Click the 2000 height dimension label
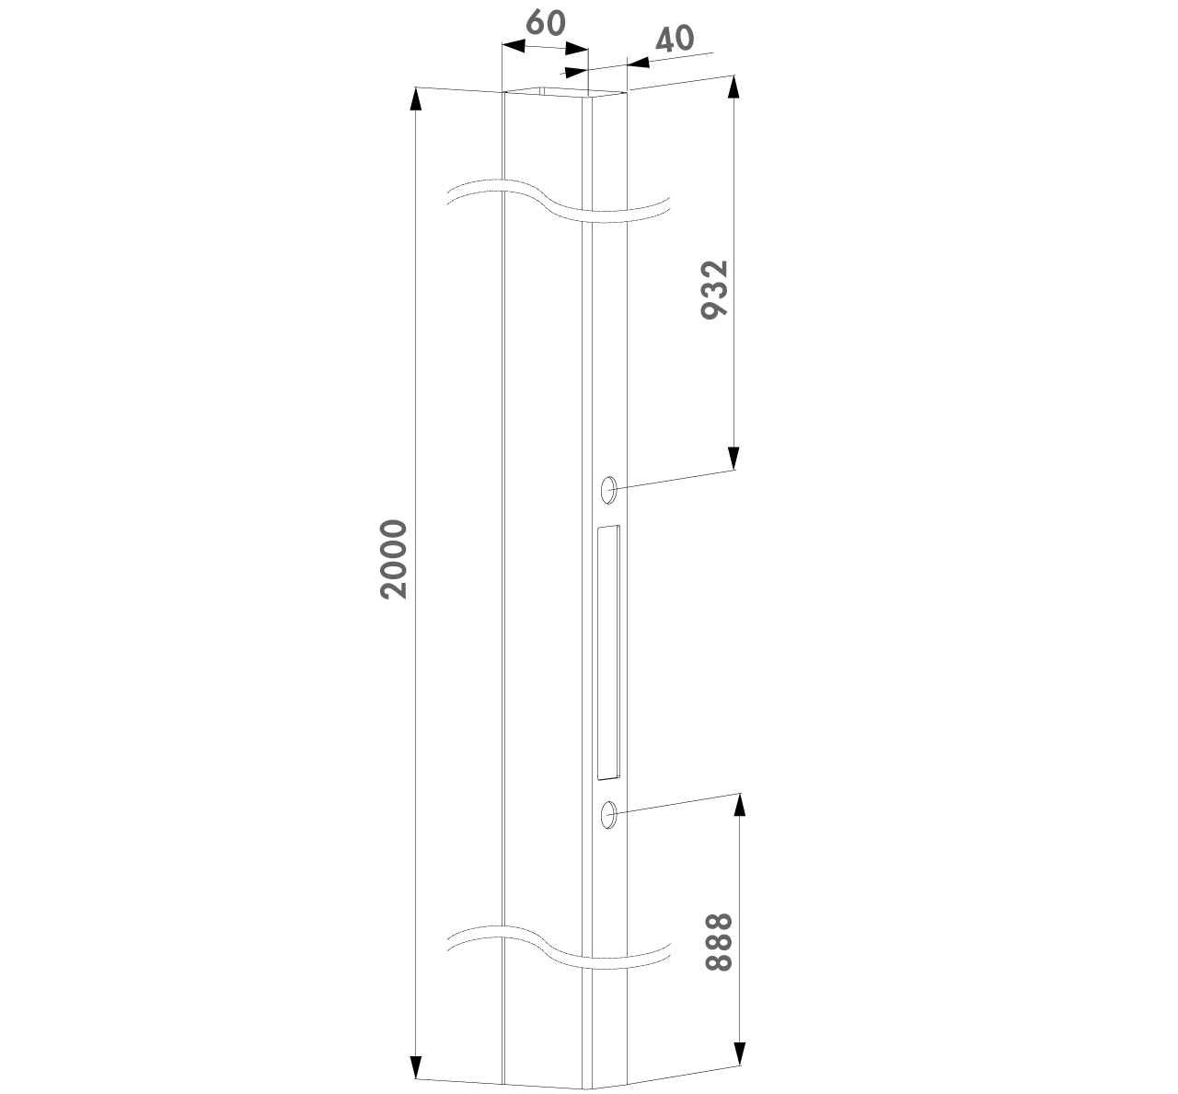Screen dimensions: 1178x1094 394,559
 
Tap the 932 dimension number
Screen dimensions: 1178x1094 714,290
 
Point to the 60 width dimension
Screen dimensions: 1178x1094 546,23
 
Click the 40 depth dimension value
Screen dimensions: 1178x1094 675,39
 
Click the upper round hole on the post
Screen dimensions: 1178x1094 608,490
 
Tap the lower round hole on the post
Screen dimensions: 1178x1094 608,814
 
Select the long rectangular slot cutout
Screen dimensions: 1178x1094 608,652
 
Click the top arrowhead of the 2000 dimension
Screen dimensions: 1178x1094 416,99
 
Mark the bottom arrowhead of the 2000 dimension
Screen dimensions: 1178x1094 416,1066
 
